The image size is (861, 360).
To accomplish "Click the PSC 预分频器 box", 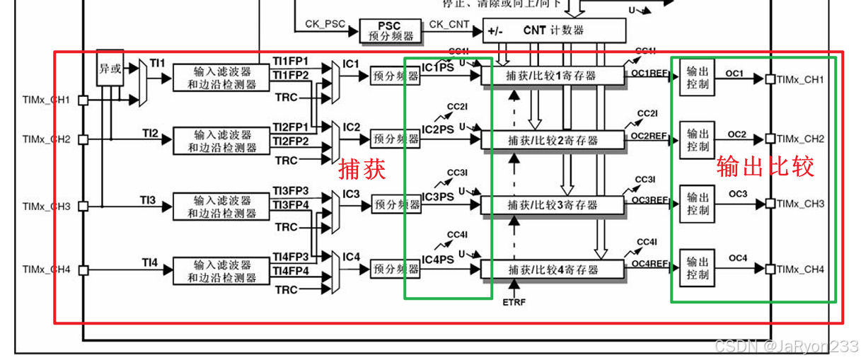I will coord(388,30).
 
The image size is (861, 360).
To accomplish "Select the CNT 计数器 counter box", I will coord(555,30).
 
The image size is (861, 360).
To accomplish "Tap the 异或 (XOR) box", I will coord(109,69).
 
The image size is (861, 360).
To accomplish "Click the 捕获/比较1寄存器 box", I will coord(553,76).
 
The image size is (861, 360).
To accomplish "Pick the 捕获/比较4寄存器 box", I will coord(553,269).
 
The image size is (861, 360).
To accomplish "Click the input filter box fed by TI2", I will coord(222,140).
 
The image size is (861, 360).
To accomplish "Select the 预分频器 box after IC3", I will coord(396,204).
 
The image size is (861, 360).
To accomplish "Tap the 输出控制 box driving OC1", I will coord(698,78).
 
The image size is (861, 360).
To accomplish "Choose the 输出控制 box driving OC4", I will coord(698,268).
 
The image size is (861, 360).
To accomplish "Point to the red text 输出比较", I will coord(765,166).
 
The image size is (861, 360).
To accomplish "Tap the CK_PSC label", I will coord(325,24).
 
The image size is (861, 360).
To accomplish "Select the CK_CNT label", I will coord(449,24).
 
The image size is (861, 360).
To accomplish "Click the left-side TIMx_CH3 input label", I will coord(47,207).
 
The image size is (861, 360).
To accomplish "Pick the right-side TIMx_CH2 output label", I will coord(801,139).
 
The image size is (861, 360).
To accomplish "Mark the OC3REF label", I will coord(649,200).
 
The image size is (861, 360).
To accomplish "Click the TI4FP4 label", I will coord(291,271).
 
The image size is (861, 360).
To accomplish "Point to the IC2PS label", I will coord(439,129).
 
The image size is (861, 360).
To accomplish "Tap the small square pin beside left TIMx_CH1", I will coord(83,100).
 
